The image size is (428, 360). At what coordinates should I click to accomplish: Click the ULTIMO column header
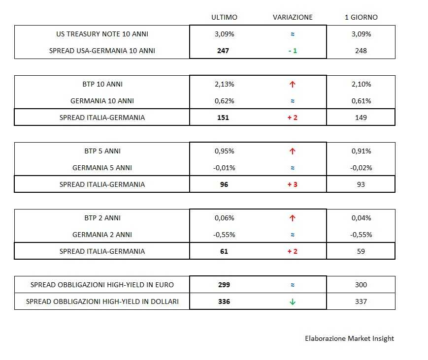click(224, 17)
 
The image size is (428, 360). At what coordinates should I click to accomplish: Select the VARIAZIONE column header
click(293, 17)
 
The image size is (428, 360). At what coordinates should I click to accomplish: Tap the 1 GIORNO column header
click(361, 17)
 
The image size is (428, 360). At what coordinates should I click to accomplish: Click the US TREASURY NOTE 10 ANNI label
click(102, 34)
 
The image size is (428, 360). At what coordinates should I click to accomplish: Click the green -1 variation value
click(293, 51)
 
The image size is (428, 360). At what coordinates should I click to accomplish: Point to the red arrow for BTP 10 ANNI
click(293, 84)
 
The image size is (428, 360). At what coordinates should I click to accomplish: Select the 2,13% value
click(224, 84)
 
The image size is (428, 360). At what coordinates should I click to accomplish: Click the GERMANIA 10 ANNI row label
click(102, 101)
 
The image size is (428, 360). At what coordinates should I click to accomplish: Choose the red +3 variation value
click(293, 184)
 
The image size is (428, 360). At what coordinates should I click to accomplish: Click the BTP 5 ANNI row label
click(102, 151)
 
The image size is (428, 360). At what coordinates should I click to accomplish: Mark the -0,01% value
click(224, 168)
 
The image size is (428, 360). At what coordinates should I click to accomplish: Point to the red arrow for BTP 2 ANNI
click(293, 218)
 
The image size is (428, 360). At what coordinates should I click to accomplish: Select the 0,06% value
click(224, 218)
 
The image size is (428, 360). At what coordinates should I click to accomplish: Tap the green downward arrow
click(293, 301)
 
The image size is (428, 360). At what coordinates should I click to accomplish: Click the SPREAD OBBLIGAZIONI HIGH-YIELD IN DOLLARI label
click(102, 301)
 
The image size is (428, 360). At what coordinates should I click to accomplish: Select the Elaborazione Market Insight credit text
click(349, 338)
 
